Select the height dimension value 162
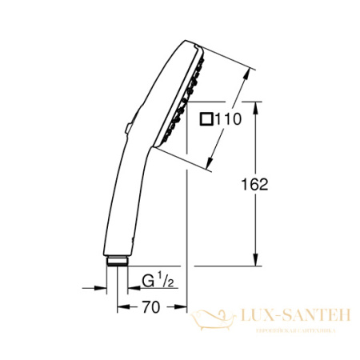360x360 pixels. coord(254,184)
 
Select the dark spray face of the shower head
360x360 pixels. coord(179,104)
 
